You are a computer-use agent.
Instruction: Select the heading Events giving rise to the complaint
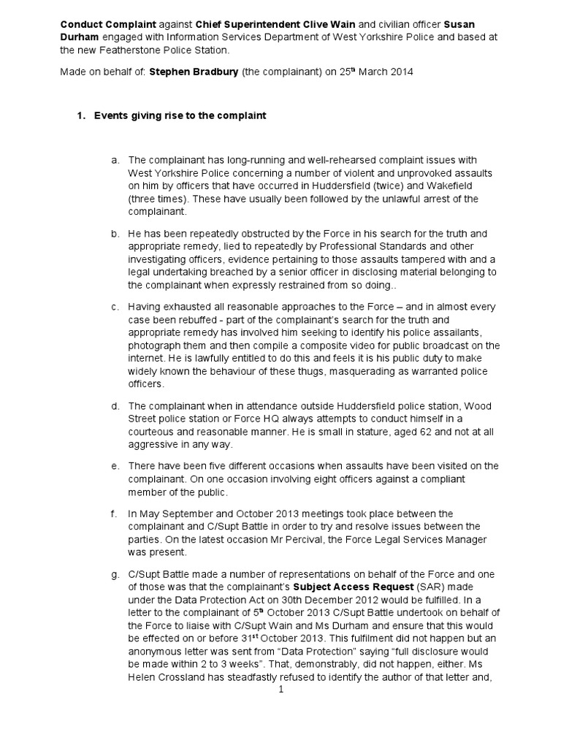(x=180, y=116)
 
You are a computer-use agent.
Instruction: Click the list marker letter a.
(x=115, y=159)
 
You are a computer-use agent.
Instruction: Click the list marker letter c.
(x=115, y=307)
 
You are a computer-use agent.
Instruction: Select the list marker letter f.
(x=115, y=514)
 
